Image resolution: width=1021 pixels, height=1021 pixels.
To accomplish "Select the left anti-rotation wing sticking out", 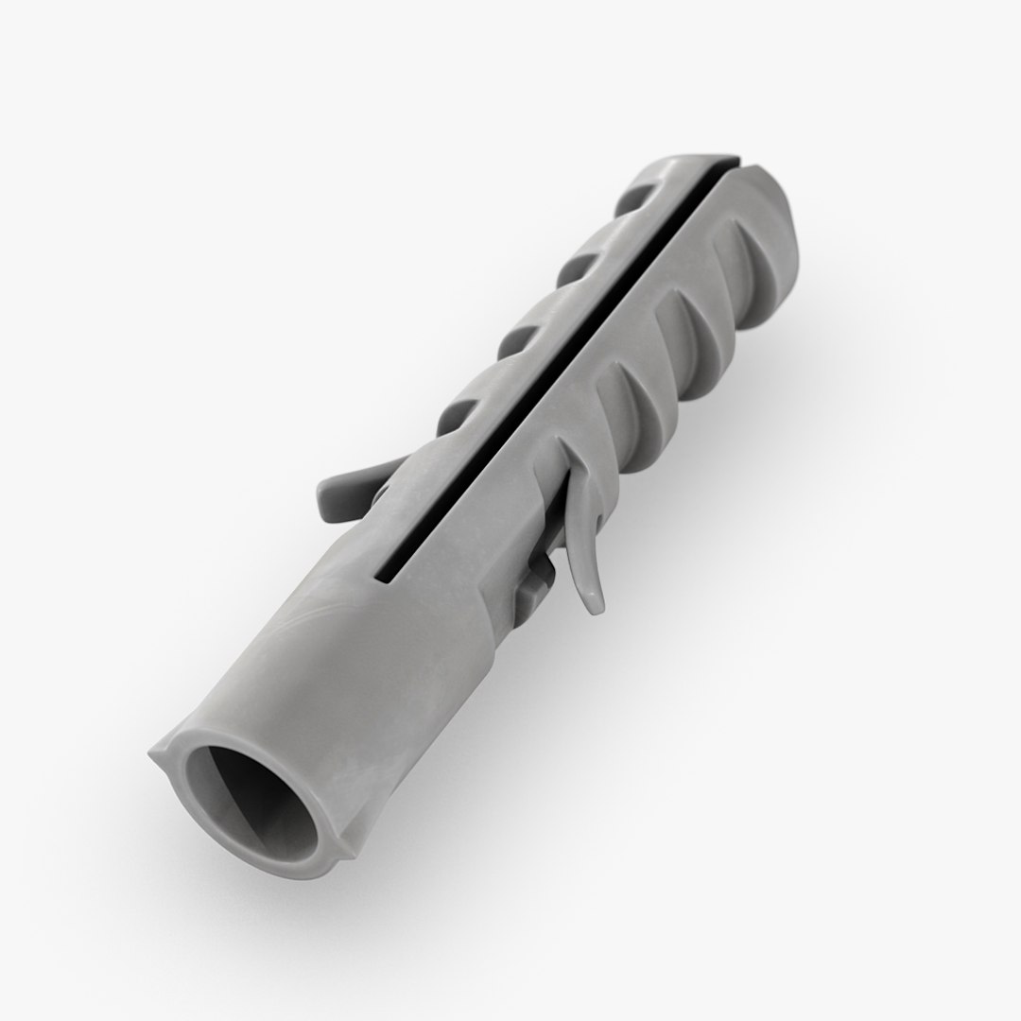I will [x=350, y=492].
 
